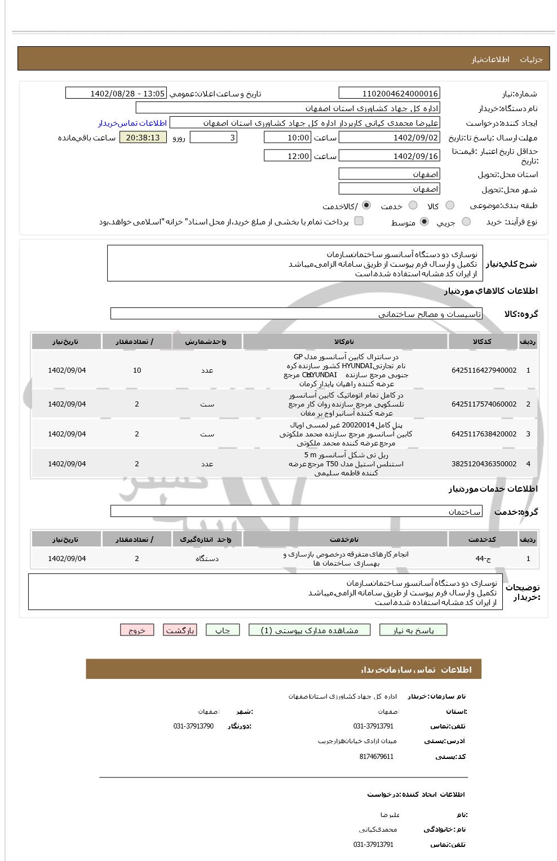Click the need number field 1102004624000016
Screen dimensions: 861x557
(389, 94)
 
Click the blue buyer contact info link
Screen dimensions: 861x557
(132, 123)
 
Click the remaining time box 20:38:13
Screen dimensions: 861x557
(143, 138)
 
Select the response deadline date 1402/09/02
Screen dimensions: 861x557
(389, 138)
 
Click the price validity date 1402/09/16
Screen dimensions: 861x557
(389, 156)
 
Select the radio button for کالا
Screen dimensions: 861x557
(449, 206)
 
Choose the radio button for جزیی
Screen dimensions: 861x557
(466, 222)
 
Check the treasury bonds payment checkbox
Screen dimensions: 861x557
(359, 221)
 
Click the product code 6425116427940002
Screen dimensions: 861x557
(484, 370)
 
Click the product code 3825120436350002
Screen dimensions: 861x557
(484, 464)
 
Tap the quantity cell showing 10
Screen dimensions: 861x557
(137, 370)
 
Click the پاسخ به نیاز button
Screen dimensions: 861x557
(413, 630)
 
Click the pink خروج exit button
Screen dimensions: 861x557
(137, 630)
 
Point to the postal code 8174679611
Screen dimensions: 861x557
(376, 757)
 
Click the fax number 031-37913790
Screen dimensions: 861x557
(193, 726)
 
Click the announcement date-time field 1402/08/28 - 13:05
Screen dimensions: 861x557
(116, 94)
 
